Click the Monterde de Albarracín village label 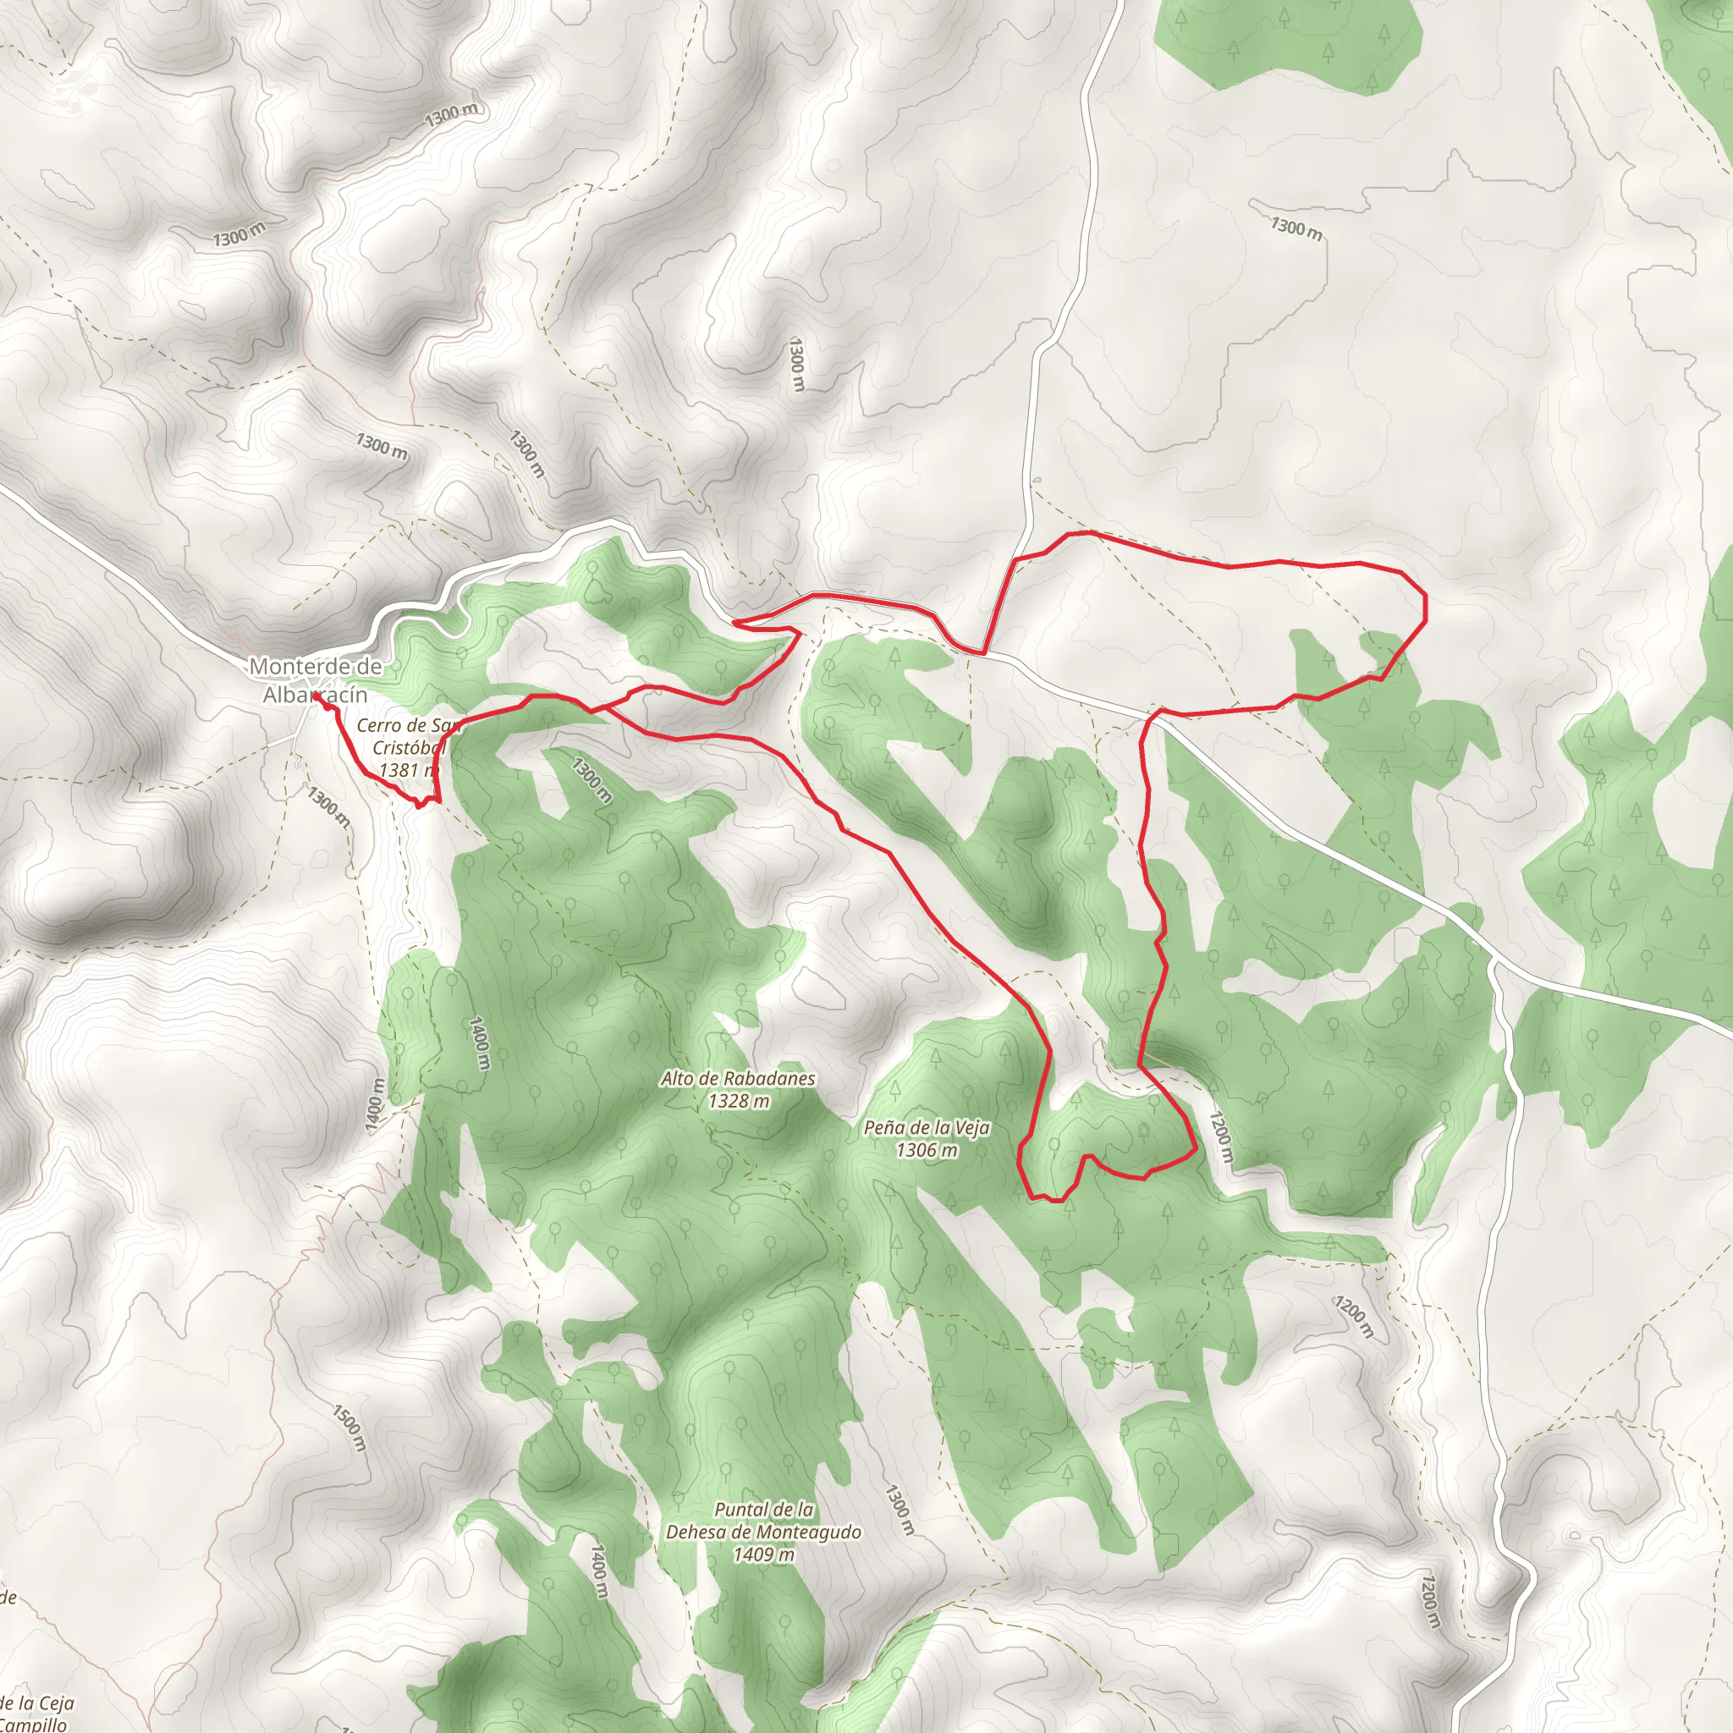[x=315, y=680]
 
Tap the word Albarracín [x=315, y=694]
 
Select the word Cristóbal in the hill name [x=409, y=747]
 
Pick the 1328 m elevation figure [x=738, y=1101]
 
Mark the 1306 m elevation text [x=927, y=1150]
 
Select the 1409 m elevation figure [x=763, y=1554]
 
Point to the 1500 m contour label [x=349, y=1428]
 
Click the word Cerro [x=377, y=725]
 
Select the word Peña [x=884, y=1127]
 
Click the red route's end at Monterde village [x=316, y=697]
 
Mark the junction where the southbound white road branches [x=1492, y=965]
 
